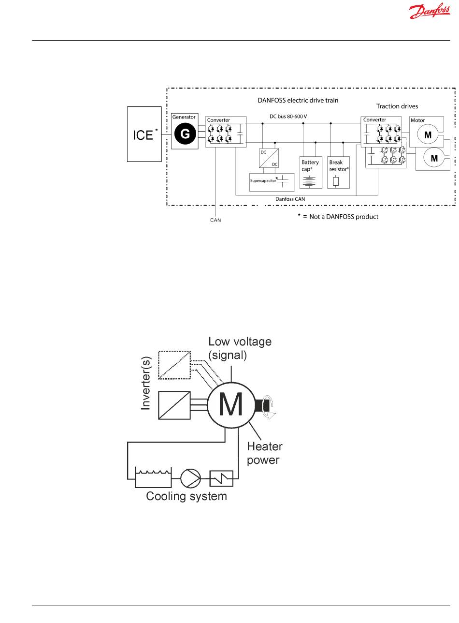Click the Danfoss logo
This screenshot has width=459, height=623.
[427, 12]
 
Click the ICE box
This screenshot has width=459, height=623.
[144, 134]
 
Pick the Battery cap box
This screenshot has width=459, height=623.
[311, 172]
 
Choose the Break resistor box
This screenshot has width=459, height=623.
[338, 172]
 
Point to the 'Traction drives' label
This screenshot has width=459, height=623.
[397, 105]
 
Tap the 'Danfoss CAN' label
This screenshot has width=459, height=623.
[289, 199]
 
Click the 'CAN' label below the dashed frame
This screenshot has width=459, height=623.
[215, 220]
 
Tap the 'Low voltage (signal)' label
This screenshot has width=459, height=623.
[240, 348]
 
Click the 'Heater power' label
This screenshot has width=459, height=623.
[264, 453]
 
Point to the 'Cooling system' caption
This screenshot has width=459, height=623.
[186, 496]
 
